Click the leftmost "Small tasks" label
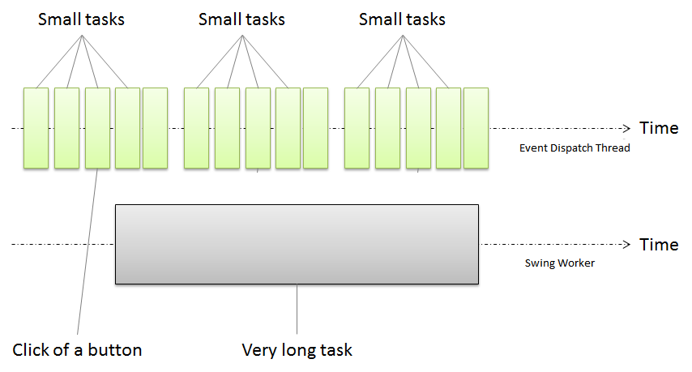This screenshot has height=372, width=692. [81, 19]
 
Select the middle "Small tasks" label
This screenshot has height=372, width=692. [241, 19]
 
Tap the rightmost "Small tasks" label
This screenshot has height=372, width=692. [402, 19]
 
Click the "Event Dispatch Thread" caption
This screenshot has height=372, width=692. [574, 148]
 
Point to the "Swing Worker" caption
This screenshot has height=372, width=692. [560, 263]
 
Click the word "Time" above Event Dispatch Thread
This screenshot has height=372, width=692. [659, 128]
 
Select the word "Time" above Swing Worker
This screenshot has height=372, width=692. [659, 244]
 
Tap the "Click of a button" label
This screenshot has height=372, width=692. [78, 350]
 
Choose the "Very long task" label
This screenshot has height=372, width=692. [297, 350]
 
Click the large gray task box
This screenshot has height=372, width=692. [297, 244]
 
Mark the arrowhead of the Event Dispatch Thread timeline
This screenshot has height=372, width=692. [626, 128]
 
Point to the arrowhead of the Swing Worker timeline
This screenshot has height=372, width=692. [626, 244]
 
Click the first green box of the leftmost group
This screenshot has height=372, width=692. [36, 128]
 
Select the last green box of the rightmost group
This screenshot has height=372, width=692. [476, 128]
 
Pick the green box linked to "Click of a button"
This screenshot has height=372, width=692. [96, 128]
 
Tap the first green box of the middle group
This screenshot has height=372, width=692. [196, 128]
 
